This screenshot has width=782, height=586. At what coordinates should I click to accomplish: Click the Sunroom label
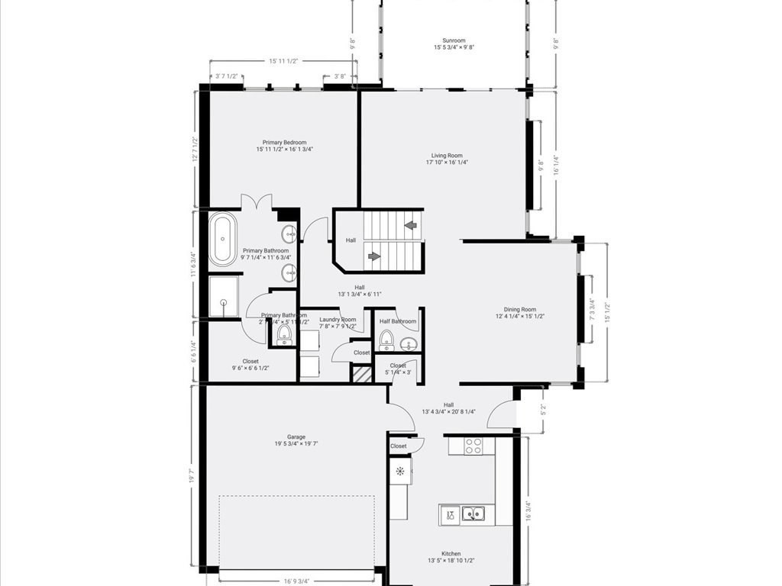[454, 44]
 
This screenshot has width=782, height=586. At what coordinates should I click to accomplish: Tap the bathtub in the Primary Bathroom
[223, 240]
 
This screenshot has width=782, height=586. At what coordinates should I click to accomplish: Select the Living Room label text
[447, 159]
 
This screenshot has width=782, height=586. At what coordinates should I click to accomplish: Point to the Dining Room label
[520, 312]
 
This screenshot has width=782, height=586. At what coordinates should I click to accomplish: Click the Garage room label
[296, 440]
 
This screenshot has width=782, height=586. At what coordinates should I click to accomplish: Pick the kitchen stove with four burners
[473, 446]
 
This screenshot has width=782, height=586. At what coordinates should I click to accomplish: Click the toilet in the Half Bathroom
[386, 339]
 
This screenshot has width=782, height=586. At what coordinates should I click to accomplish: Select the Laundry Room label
[338, 323]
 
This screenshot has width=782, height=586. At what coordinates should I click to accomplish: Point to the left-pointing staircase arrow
[411, 225]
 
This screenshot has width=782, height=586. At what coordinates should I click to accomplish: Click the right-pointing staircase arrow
[374, 256]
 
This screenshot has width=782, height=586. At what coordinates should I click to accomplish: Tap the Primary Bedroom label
[284, 146]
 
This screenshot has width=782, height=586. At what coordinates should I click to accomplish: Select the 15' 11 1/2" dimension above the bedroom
[283, 61]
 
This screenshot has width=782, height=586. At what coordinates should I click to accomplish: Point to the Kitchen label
[451, 557]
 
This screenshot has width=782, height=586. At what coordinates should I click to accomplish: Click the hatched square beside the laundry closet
[360, 374]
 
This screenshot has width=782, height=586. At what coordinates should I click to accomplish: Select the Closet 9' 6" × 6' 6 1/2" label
[250, 365]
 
